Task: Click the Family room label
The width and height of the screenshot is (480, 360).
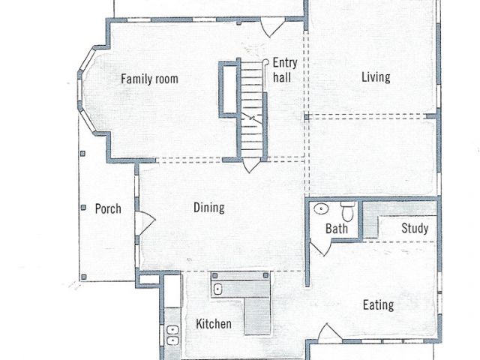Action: [x=149, y=79]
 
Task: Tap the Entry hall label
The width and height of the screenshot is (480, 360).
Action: [x=285, y=70]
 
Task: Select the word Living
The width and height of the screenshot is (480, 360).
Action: [x=376, y=77]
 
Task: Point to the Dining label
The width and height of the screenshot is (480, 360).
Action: [x=209, y=208]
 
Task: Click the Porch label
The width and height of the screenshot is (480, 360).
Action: [x=108, y=208]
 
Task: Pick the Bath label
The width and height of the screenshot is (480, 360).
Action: [x=337, y=229]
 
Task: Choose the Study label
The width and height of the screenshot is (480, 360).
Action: [x=415, y=228]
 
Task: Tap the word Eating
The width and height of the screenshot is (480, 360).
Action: [x=378, y=305]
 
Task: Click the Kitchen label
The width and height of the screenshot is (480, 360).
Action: [x=213, y=324]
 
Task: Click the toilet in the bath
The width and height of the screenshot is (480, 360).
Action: [x=348, y=211]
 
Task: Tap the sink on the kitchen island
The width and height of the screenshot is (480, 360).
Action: [x=217, y=289]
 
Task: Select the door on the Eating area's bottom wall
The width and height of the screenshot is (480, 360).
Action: [x=329, y=333]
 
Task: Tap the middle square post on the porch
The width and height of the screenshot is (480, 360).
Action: [x=83, y=208]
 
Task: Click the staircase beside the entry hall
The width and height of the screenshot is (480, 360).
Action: [x=252, y=109]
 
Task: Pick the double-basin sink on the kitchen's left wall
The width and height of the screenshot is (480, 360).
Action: [x=172, y=335]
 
